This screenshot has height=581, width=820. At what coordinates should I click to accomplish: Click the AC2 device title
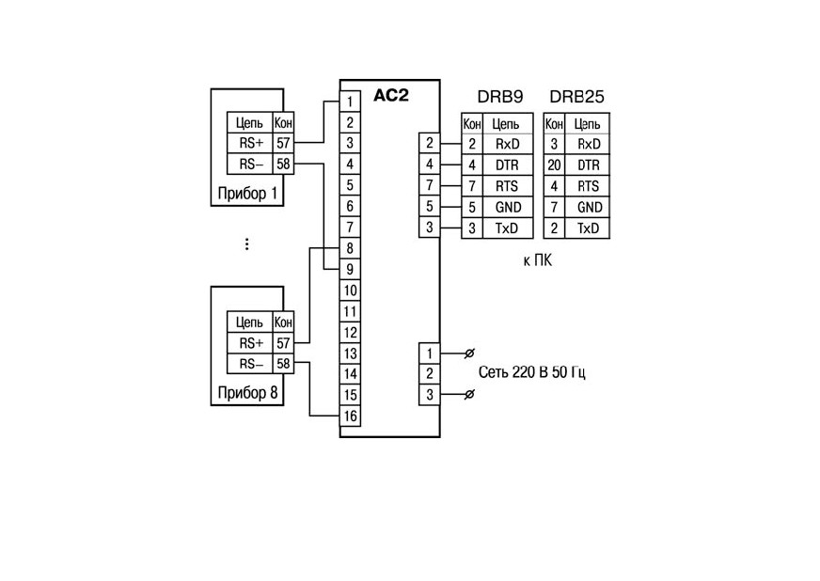pos(390,96)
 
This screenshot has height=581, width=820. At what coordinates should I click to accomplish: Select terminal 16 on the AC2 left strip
pos(350,416)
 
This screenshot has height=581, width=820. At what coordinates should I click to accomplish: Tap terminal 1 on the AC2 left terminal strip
pos(350,102)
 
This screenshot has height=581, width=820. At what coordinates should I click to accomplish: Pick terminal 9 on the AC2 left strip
pos(350,269)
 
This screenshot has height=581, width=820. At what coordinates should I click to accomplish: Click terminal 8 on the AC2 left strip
pos(350,248)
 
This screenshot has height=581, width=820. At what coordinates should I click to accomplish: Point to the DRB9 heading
pos(500,97)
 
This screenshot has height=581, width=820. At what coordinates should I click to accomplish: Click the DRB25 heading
pos(576,97)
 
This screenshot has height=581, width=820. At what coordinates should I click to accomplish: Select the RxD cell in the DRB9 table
pos(507,144)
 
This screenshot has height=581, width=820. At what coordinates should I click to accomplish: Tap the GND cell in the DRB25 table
pos(588,207)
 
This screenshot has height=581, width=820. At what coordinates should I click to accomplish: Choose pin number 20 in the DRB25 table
pos(554,165)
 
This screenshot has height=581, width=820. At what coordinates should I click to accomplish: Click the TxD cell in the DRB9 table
pos(507,228)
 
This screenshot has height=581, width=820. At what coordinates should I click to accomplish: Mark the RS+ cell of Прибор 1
pos(250,143)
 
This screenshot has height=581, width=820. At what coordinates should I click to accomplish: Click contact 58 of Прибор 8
pos(283,364)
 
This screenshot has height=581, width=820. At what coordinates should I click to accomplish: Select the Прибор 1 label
pos(247,194)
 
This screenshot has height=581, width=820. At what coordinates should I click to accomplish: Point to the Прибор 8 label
pos(247,393)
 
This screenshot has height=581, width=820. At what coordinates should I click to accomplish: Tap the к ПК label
pos(537,260)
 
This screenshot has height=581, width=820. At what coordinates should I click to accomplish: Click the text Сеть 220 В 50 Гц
pos(532,372)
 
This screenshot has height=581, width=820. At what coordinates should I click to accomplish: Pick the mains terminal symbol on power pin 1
pos(469,353)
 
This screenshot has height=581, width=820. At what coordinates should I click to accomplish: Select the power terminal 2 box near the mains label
pos(430,374)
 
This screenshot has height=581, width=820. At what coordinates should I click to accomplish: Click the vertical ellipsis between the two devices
pos(246,244)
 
